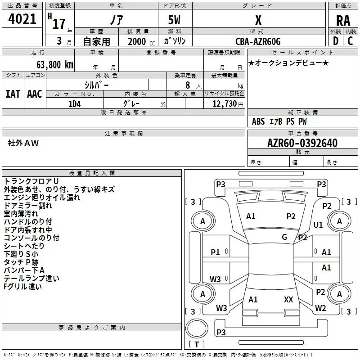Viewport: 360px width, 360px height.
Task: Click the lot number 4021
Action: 22,19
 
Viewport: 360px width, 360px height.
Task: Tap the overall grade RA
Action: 343,21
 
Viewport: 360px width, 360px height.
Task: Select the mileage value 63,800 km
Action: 55,65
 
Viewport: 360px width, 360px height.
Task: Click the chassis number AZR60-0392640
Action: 302,143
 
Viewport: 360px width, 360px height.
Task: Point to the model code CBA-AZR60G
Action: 258,41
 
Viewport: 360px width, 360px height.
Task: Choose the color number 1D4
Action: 75,104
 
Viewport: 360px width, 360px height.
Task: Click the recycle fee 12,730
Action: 225,104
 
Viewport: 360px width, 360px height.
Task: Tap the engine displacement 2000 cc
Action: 141,41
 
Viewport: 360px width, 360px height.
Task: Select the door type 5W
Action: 174,20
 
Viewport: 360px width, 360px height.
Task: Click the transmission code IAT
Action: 13,94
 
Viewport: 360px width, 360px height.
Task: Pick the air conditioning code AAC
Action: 35,94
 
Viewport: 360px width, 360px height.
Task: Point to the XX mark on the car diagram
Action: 288,300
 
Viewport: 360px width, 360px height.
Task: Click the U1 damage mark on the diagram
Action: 318,225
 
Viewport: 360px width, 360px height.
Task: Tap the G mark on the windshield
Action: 284,237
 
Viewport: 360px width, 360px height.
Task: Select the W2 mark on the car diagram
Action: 320,308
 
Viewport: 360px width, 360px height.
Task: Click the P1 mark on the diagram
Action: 216,252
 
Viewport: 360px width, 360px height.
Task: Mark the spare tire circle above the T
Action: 197,329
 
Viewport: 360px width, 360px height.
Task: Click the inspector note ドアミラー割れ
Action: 28,206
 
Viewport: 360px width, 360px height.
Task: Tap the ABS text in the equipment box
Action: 258,121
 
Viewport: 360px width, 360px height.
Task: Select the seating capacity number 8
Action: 188,85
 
